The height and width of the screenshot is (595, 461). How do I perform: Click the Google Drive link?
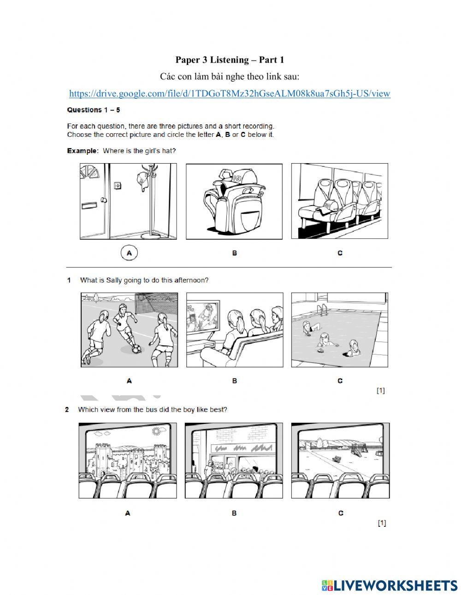pyautogui.click(x=230, y=94)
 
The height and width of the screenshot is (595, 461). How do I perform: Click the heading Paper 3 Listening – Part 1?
pyautogui.click(x=230, y=60)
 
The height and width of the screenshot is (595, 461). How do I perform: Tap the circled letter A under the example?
pyautogui.click(x=129, y=253)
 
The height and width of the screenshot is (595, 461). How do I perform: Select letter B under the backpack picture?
pyautogui.click(x=234, y=253)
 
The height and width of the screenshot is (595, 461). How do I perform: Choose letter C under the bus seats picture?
pyautogui.click(x=340, y=253)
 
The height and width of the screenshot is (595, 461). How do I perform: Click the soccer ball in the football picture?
pyautogui.click(x=136, y=349)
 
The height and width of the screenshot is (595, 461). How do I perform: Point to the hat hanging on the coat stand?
pyautogui.click(x=142, y=180)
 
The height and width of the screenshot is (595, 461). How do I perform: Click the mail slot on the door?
pyautogui.click(x=89, y=205)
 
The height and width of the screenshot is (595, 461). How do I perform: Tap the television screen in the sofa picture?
pyautogui.click(x=203, y=316)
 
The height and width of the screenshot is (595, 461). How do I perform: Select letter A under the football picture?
pyautogui.click(x=129, y=381)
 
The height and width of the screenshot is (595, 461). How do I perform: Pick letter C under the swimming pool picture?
pyautogui.click(x=340, y=381)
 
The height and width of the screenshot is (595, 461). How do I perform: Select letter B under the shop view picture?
pyautogui.click(x=234, y=513)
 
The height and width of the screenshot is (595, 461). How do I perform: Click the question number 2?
pyautogui.click(x=67, y=410)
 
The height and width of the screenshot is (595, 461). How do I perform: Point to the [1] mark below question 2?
pyautogui.click(x=382, y=523)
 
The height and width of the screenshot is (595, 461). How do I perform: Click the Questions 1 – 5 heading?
pyautogui.click(x=94, y=110)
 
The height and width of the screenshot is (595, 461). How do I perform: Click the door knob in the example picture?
pyautogui.click(x=103, y=200)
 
